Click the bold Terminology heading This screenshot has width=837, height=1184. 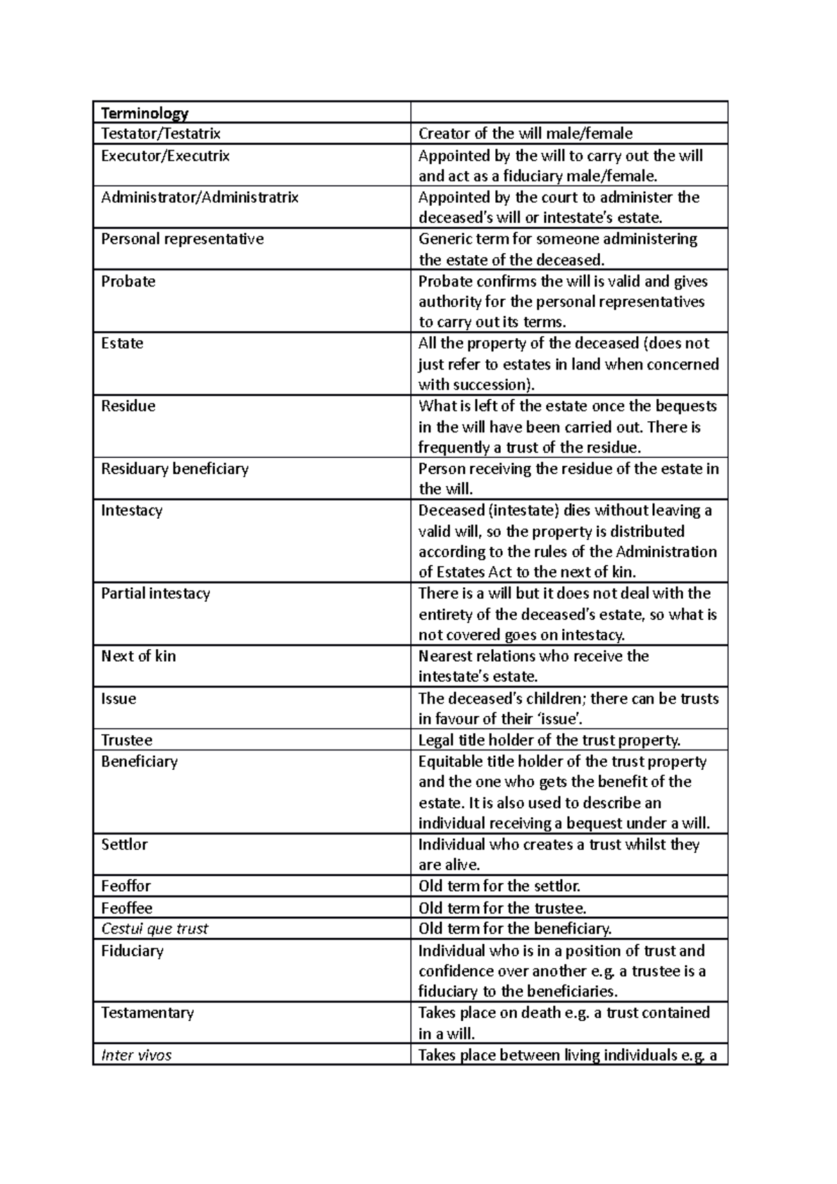[144, 113]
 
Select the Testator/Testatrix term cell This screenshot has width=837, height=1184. [160, 133]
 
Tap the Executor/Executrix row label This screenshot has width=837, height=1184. [165, 155]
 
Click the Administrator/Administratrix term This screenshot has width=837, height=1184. [199, 197]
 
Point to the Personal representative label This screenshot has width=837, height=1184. [182, 239]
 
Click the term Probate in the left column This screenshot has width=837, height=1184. [128, 281]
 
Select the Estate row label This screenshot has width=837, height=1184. [122, 343]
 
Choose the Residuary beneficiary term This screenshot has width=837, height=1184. [174, 469]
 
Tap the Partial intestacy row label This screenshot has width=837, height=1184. [155, 593]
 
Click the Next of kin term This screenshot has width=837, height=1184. [138, 656]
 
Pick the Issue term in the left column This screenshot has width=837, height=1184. [118, 699]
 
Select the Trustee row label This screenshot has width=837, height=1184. [126, 740]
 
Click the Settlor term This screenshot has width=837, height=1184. [124, 844]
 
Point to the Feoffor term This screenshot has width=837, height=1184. [126, 886]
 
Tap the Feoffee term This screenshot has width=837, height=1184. [126, 908]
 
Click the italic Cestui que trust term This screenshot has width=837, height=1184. [154, 929]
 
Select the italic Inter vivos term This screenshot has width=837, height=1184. [136, 1055]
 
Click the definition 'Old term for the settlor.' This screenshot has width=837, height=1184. [499, 886]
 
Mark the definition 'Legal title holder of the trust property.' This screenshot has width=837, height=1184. [549, 740]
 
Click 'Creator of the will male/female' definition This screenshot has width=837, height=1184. [525, 133]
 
